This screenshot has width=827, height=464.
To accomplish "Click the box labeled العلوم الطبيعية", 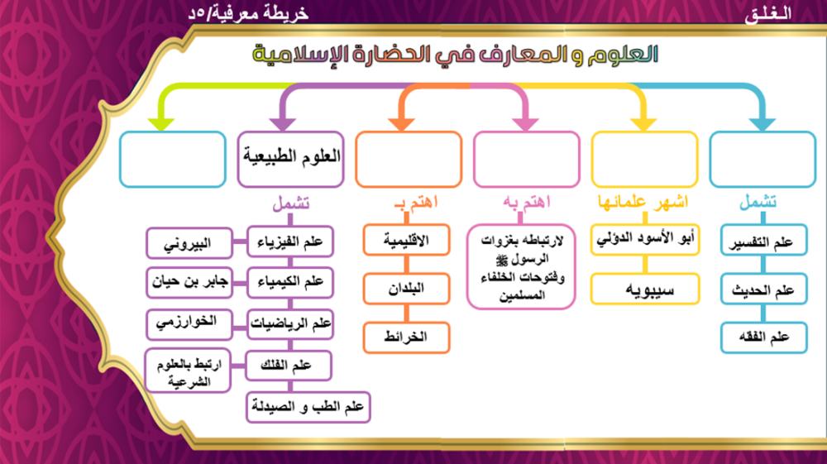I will point(290,158).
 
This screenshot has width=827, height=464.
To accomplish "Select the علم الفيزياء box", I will point(289,243).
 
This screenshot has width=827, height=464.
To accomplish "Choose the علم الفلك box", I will point(289,364).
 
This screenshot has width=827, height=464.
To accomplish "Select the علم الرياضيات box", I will point(289,324).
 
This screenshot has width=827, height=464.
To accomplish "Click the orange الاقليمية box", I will point(406,241).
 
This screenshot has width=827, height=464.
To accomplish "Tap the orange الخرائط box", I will point(406,337).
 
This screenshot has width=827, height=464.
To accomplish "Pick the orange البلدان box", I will point(406,289).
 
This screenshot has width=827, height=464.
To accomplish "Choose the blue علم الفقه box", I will point(761,337).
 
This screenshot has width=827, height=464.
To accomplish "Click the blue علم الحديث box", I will point(761,289).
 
